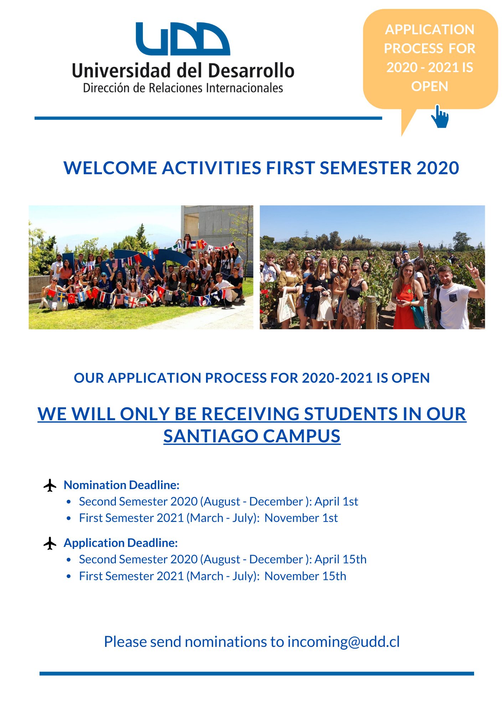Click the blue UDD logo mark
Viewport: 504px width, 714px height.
(x=183, y=39)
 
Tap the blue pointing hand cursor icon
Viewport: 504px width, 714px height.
(x=440, y=116)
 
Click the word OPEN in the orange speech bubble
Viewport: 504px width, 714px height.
(x=430, y=86)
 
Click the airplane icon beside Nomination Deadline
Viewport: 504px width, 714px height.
(x=50, y=486)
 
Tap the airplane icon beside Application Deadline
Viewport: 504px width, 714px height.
(x=50, y=543)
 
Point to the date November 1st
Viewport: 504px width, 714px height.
(x=301, y=518)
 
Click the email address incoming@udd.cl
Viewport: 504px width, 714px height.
(x=344, y=642)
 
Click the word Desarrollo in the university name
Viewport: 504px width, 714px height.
(x=251, y=71)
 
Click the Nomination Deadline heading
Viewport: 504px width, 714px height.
(x=122, y=485)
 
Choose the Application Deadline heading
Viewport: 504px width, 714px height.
(x=120, y=543)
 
